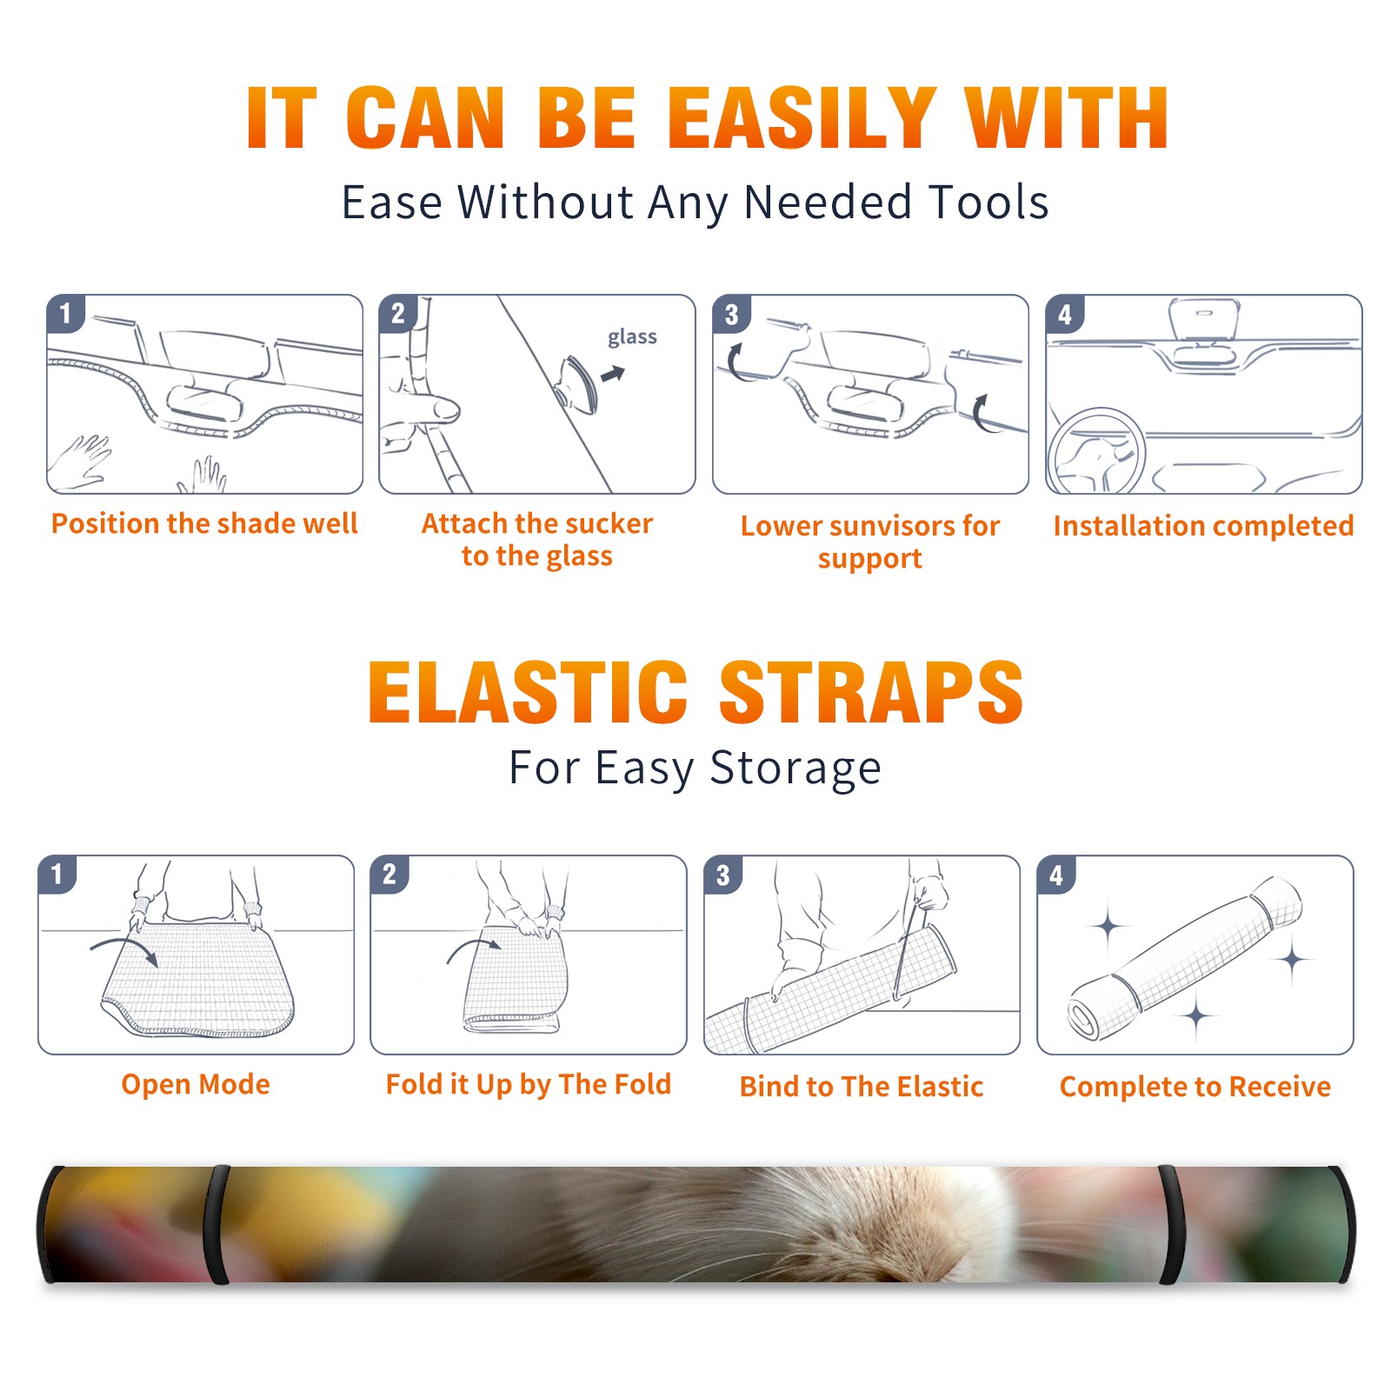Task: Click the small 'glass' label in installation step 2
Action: pyautogui.click(x=632, y=337)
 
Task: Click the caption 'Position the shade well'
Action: pyautogui.click(x=204, y=523)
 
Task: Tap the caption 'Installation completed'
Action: pyautogui.click(x=1203, y=525)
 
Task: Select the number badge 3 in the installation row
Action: pyautogui.click(x=731, y=314)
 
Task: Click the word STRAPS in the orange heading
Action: pyautogui.click(x=871, y=692)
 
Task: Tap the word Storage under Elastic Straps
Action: pyautogui.click(x=795, y=769)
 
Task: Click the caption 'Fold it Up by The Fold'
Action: pyautogui.click(x=529, y=1084)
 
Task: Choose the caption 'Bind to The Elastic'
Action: pyautogui.click(x=862, y=1087)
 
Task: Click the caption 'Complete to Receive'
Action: pyautogui.click(x=1195, y=1087)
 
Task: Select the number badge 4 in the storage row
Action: pyautogui.click(x=1056, y=875)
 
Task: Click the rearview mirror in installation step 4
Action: pyautogui.click(x=1203, y=322)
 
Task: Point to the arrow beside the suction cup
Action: pyautogui.click(x=613, y=374)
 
